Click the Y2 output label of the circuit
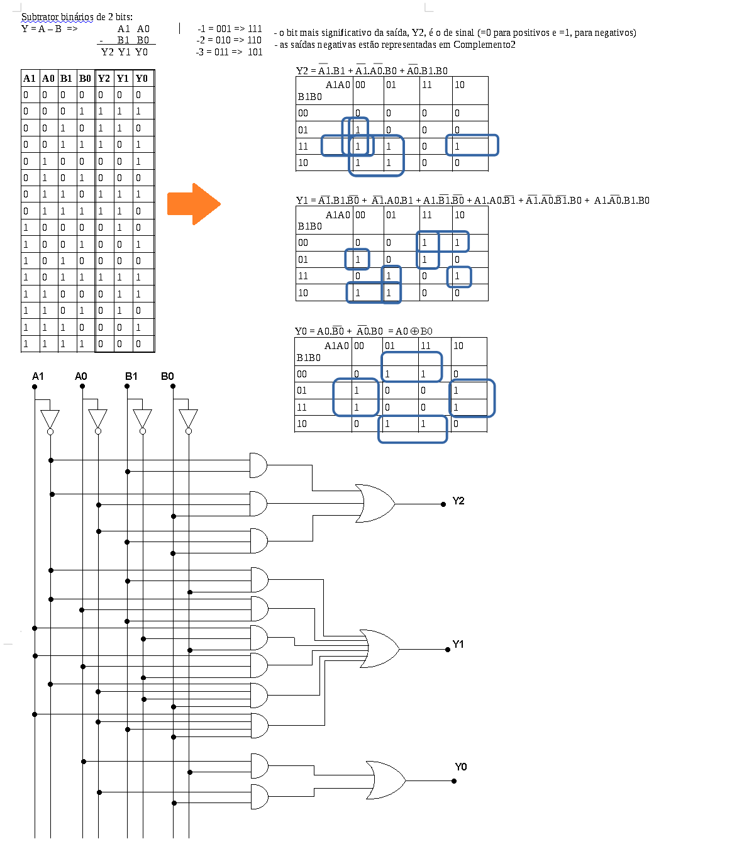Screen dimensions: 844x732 [458, 501]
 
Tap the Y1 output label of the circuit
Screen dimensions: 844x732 [458, 645]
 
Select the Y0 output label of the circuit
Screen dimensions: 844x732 [461, 767]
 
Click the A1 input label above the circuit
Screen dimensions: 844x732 [38, 377]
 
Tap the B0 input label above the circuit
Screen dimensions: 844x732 [167, 377]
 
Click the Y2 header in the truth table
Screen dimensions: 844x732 [104, 79]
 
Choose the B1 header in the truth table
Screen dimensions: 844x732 [66, 79]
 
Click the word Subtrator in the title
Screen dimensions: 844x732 [39, 17]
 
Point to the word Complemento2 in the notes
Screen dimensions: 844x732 [484, 45]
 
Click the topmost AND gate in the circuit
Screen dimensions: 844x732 [258, 465]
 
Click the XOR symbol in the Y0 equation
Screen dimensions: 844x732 [414, 331]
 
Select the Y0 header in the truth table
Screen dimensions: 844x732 [142, 79]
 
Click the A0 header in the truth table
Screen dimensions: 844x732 [48, 79]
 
